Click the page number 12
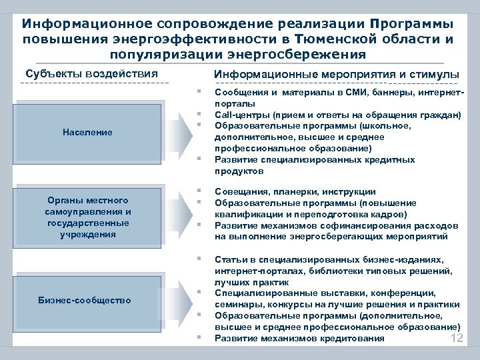pos(457,339)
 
